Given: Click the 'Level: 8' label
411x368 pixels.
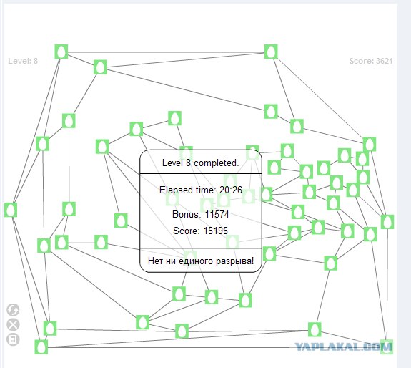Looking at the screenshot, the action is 23,61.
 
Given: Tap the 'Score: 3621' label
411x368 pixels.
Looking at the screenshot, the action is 371,61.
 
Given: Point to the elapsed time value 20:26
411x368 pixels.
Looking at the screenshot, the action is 231,190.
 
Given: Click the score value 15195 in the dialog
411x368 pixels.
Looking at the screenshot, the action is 215,231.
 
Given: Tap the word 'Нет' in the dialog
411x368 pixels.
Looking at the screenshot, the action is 154,261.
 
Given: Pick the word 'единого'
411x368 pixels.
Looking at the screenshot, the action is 197,261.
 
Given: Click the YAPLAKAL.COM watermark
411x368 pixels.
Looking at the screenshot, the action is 343,347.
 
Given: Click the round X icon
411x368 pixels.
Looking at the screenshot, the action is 13,325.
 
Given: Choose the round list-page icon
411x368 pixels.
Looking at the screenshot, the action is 13,339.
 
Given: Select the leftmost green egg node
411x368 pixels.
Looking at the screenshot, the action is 11,210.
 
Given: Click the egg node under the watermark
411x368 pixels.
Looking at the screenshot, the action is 387,347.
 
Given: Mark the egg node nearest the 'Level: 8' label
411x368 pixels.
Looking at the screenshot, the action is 61,52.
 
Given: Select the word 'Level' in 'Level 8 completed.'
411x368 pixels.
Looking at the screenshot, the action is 173,163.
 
